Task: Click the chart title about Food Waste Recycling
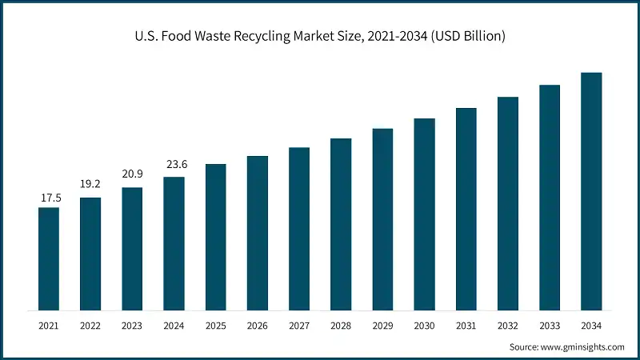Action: (320, 36)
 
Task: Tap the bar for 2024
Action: (174, 243)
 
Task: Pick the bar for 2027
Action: (299, 229)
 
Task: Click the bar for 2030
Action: (424, 214)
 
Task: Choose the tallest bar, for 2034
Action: (591, 191)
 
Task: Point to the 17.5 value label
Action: (49, 197)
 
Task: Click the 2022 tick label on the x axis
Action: (90, 326)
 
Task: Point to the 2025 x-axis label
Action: (216, 326)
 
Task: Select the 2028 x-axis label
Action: (341, 326)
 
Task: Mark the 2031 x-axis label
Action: (466, 326)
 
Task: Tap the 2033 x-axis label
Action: (550, 326)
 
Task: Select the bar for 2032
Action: (508, 203)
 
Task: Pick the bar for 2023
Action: (132, 249)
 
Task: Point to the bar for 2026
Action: (258, 233)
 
